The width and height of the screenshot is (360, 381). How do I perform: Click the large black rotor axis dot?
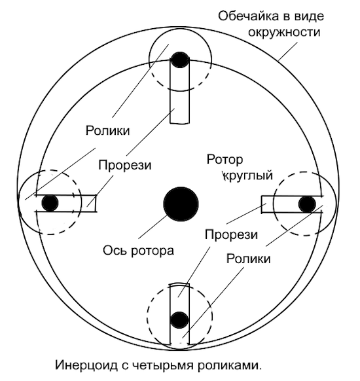coord(181,204)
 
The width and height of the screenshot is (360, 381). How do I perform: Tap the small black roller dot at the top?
coord(180,60)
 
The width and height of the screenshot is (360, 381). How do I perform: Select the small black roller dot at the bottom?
coord(179,320)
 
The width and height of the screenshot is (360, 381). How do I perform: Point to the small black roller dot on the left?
coord(50,203)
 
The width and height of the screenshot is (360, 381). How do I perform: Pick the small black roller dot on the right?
coord(307,204)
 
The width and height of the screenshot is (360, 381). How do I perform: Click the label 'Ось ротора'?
coord(139,251)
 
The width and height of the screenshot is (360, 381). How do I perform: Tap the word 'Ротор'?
coord(225,160)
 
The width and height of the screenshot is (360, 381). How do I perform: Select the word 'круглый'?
coord(248,175)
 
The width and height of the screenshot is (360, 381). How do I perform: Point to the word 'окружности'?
coord(284,32)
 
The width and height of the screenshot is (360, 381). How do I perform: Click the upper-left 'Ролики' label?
coord(107,131)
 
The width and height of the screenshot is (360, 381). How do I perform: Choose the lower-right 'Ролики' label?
coord(249,259)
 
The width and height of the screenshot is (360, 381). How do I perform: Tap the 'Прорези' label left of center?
coord(125,166)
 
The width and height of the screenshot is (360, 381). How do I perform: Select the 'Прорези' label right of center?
coord(231,235)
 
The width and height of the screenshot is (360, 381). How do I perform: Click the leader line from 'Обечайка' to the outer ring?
coord(287,51)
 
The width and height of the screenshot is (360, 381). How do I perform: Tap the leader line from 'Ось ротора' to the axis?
coord(153,226)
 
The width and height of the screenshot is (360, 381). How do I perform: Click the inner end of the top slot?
coord(179,124)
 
